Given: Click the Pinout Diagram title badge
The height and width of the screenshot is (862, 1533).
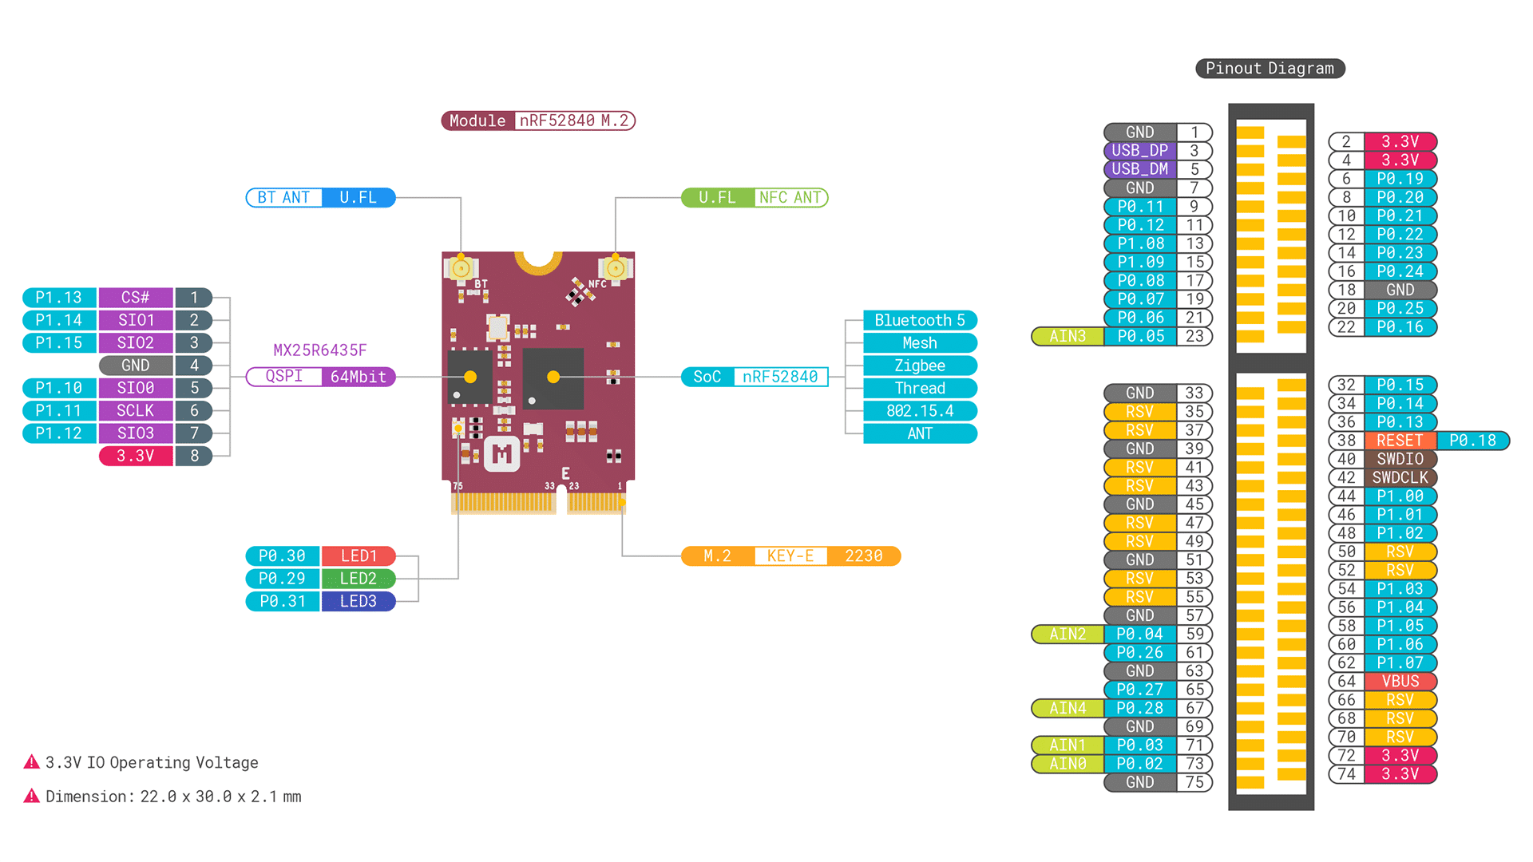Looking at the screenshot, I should [x=1270, y=69].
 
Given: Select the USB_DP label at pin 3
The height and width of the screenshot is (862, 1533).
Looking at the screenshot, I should [x=1139, y=151].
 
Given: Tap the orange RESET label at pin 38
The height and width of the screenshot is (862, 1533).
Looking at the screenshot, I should [x=1400, y=441].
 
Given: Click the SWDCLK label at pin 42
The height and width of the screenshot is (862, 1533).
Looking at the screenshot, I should [x=1400, y=477].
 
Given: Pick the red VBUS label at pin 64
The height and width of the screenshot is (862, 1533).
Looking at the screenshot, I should [x=1400, y=682].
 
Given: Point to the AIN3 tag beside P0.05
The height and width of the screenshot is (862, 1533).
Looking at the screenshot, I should [x=1068, y=337].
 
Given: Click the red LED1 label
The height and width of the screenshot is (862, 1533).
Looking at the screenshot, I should [x=358, y=556].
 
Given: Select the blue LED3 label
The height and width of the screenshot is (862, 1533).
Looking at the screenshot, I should [x=358, y=601].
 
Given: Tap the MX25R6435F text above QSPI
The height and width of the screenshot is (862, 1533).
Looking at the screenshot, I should [x=320, y=350].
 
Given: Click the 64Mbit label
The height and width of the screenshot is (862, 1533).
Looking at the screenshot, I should [x=358, y=377].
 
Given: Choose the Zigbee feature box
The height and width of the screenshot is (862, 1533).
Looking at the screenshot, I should [x=920, y=366].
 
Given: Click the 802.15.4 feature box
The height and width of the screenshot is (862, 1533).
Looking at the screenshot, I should [x=920, y=411].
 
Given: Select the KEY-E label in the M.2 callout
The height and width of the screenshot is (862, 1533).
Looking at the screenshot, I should [x=790, y=556].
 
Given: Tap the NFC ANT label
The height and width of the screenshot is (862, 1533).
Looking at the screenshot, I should [x=790, y=198].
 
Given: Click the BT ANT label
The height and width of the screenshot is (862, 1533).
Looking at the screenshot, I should [x=284, y=198].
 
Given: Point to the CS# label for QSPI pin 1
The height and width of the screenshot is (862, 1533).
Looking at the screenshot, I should [x=136, y=298].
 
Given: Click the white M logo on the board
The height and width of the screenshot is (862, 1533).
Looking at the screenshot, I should [x=502, y=455].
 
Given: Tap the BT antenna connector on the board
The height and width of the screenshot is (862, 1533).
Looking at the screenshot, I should [x=461, y=269].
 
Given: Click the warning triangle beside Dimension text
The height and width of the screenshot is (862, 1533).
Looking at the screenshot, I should [x=32, y=796].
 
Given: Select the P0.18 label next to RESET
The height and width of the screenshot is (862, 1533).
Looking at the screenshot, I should [x=1472, y=441].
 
